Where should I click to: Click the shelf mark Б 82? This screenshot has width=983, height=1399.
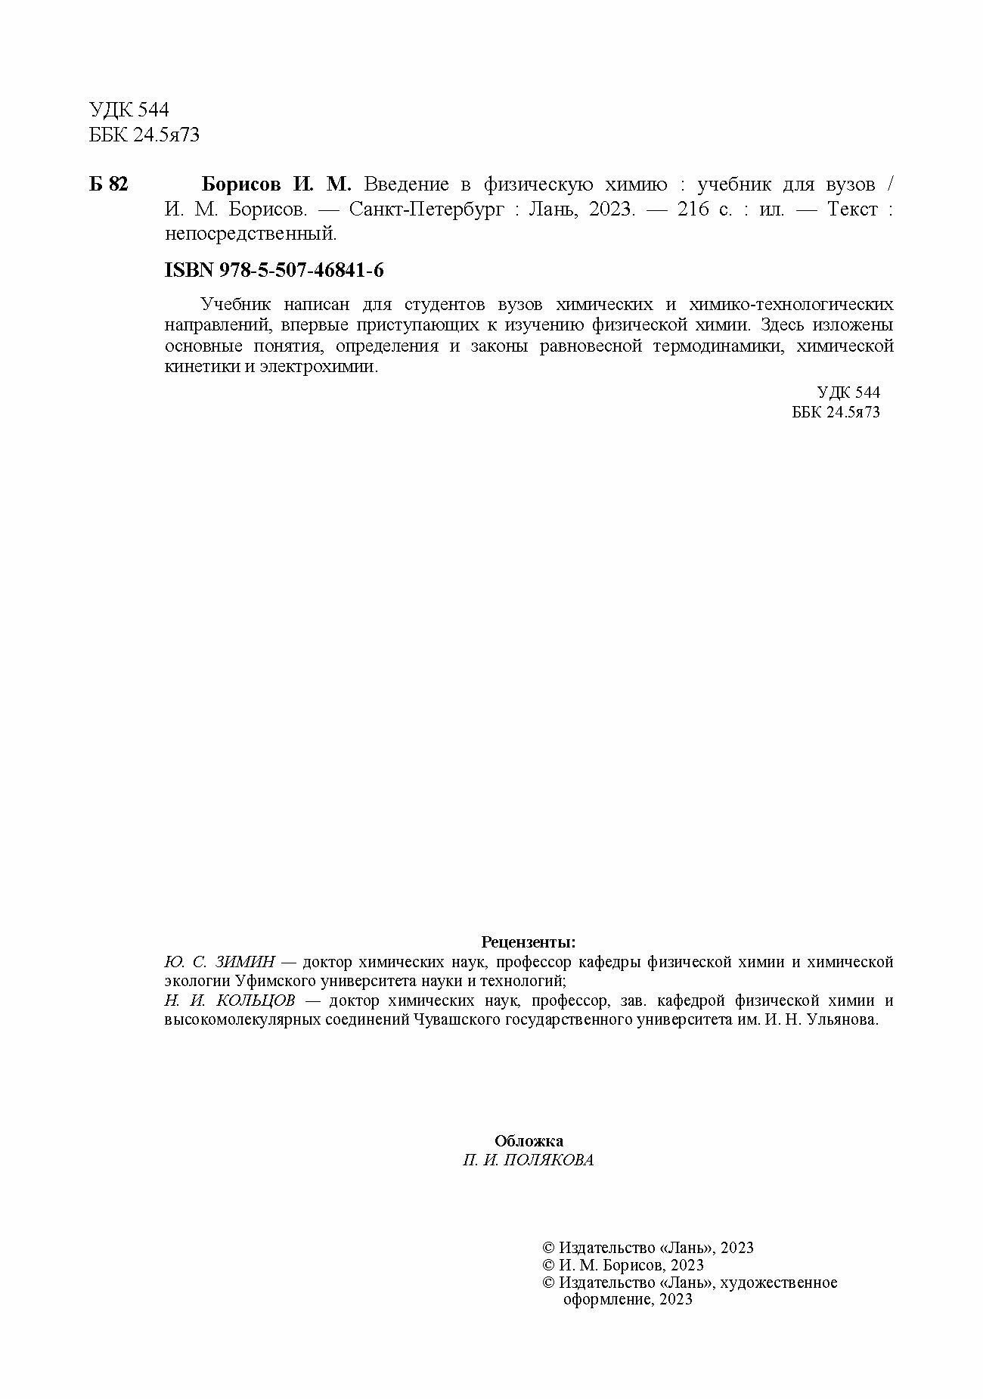[108, 185]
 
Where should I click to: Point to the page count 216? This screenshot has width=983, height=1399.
[693, 209]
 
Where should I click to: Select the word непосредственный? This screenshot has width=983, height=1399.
[250, 234]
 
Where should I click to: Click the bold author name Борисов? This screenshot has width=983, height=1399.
[242, 185]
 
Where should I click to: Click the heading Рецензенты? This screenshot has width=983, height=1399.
[529, 942]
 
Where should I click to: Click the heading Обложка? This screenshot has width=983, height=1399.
[529, 1141]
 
